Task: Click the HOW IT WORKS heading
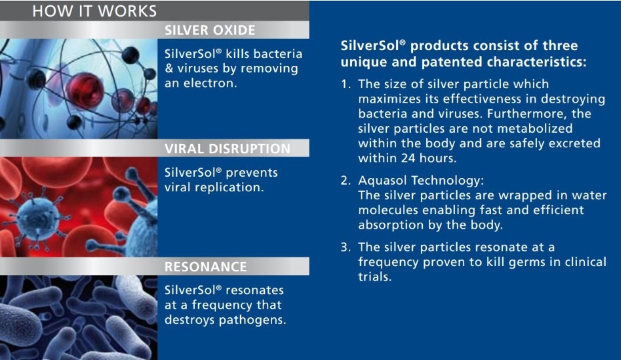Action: click(x=95, y=11)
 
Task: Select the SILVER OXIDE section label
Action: click(x=210, y=30)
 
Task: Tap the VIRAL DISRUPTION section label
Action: click(x=227, y=149)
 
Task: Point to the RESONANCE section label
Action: click(x=205, y=267)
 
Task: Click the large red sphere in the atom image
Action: click(x=84, y=92)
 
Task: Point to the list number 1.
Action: click(x=346, y=84)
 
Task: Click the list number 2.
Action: click(x=346, y=181)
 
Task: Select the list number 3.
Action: click(x=346, y=247)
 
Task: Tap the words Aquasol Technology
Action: click(x=421, y=181)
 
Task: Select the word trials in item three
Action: click(x=375, y=277)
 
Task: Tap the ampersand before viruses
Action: click(x=169, y=69)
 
